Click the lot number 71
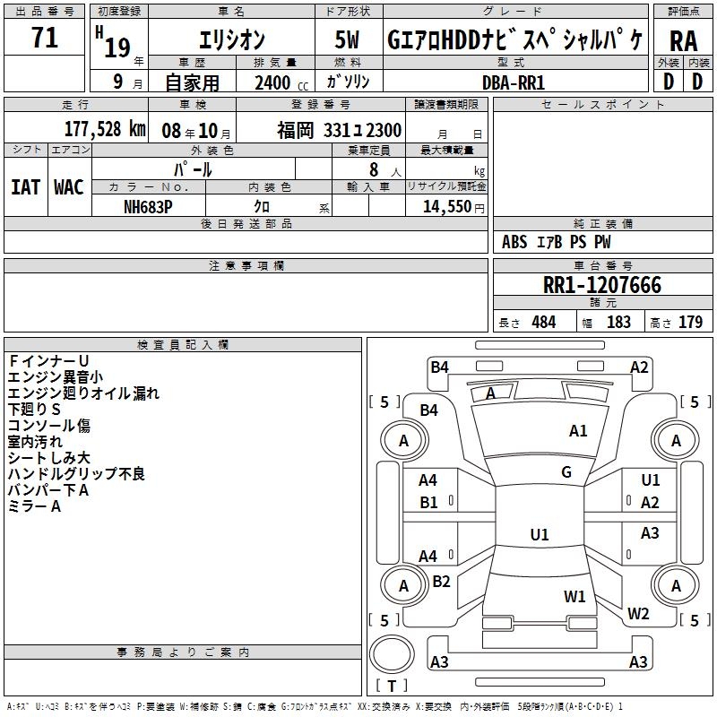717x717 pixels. coord(45,38)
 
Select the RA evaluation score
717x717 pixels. coord(683,41)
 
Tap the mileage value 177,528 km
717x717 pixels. coord(105,129)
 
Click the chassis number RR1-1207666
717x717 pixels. coord(602,285)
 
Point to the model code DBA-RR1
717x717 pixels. coord(514,82)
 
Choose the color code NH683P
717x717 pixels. coord(148,207)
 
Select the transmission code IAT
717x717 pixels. coord(25,187)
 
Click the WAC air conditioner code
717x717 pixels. coord(69,187)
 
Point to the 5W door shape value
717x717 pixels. coord(347,39)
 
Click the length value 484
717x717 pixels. coord(544,322)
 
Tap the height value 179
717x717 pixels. coord(690,322)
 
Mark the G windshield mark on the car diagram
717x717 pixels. coord(566,472)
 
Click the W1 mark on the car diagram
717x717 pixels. coord(574,596)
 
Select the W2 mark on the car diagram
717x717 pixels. coord(638,613)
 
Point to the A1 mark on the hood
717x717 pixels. coord(578,431)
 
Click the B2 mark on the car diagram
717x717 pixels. coord(441,581)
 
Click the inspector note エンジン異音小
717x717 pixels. coord(56,377)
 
